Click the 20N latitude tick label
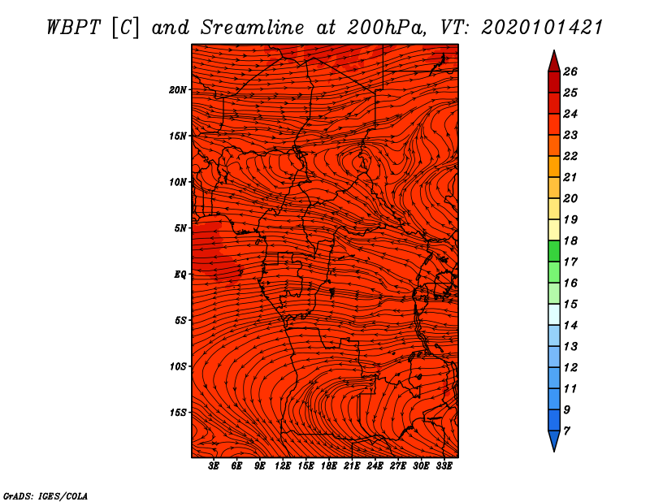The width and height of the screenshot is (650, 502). tap(177, 90)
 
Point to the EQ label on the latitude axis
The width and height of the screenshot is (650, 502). tap(180, 275)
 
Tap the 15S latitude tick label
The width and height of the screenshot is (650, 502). tap(178, 413)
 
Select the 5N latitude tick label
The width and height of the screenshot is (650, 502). tap(180, 228)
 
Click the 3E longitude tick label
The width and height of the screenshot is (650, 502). tap(214, 466)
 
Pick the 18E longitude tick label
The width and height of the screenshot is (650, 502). tap(329, 466)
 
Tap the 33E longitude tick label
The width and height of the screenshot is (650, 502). tap(444, 466)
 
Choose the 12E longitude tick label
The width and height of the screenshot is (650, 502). tap(283, 466)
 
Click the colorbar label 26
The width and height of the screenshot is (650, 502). tap(570, 71)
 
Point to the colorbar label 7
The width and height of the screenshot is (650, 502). tap(566, 431)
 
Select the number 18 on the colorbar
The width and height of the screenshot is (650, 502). tap(570, 240)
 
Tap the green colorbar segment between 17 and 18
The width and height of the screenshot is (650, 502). tap(554, 251)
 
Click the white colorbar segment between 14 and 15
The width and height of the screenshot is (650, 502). tap(554, 314)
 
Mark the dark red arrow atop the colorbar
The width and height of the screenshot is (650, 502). tap(554, 62)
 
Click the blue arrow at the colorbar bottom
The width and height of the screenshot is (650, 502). tap(554, 441)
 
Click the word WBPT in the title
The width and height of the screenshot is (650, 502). tap(74, 28)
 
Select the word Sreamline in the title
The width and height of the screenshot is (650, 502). tap(253, 28)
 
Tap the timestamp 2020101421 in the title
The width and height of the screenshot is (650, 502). tap(542, 28)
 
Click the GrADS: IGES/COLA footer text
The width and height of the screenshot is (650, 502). tap(45, 496)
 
